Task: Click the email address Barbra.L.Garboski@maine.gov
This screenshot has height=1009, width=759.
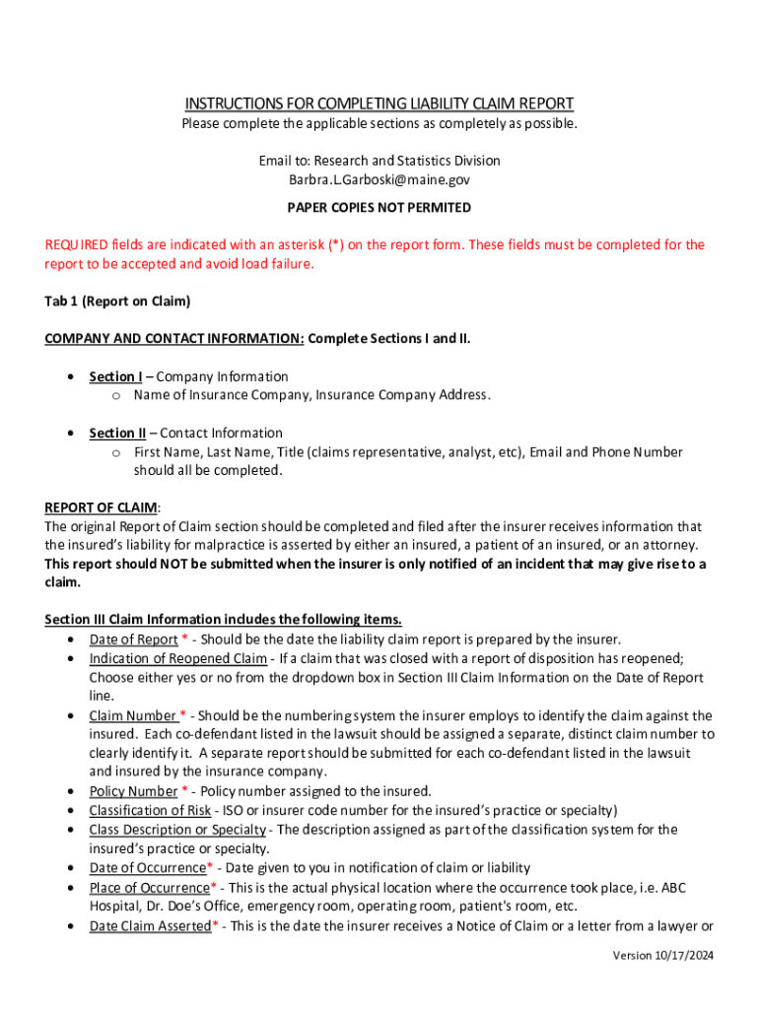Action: coord(379,180)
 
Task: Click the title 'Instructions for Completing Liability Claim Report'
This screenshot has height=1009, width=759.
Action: coord(379,103)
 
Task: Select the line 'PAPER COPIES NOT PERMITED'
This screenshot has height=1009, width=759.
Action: coord(379,208)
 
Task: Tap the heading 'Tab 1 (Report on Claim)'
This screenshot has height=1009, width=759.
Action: coord(117,302)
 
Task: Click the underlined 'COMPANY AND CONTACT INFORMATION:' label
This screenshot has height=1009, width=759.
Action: coord(173,340)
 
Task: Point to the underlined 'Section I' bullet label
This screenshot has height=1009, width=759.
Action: coord(115,376)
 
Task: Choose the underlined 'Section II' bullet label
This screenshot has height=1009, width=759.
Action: coord(117,433)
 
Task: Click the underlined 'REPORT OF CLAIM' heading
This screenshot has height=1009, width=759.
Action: coord(101,507)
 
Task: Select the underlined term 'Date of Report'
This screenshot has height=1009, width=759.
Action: coord(133,639)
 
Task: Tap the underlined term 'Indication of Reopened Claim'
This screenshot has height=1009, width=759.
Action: coord(177,658)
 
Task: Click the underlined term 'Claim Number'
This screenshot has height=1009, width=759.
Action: coord(132,715)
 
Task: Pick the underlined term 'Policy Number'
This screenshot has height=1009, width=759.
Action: coord(133,791)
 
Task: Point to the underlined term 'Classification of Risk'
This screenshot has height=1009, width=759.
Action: coord(150,810)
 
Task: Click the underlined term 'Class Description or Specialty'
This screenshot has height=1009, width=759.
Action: coord(177,830)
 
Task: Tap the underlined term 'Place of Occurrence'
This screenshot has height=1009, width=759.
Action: coord(150,888)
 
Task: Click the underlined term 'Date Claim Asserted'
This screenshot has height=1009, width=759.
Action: coord(150,926)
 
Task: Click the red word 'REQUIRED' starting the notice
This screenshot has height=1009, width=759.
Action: coord(77,245)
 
